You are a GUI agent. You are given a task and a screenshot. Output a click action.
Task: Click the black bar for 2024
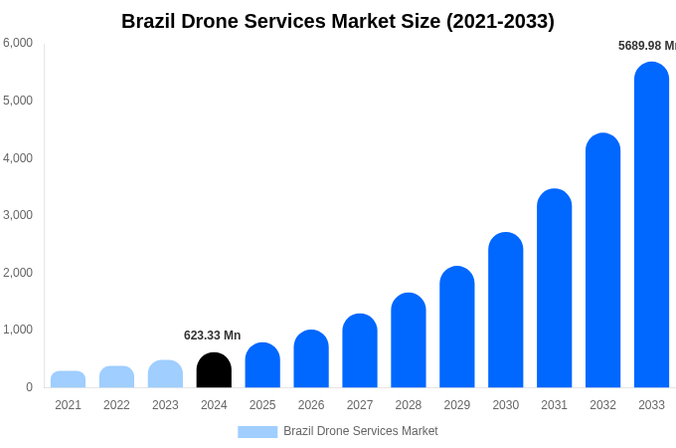coord(214,370)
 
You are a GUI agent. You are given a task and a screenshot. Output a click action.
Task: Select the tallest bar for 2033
coord(651,225)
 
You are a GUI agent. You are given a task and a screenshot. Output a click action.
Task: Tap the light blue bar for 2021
coord(68,379)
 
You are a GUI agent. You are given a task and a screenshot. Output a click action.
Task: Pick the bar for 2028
coord(409,340)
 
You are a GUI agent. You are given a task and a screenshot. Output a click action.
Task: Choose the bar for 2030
coord(506,310)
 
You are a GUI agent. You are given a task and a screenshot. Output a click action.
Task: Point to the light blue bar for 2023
coord(165,374)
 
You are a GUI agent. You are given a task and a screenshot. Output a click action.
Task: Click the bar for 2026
coord(311,358)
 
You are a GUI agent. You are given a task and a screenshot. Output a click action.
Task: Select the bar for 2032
coord(602,261)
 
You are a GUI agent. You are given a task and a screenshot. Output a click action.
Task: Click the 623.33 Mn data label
coord(212,336)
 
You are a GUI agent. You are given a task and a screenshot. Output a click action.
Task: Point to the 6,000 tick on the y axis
coord(18,43)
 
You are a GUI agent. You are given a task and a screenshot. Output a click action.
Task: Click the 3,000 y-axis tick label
coord(18,215)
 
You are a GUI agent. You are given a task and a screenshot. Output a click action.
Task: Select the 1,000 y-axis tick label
coord(18,330)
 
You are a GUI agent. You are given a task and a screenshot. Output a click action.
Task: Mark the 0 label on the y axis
coord(29,387)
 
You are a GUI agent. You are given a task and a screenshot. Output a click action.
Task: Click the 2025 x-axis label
coord(262,405)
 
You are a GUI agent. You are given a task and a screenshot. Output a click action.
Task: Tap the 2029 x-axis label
coord(457,405)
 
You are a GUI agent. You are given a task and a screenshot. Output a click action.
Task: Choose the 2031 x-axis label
coord(554,405)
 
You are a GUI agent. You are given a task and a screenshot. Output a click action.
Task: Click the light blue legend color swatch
coord(257,432)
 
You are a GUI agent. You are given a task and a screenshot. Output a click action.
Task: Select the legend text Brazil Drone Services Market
coord(360,431)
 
